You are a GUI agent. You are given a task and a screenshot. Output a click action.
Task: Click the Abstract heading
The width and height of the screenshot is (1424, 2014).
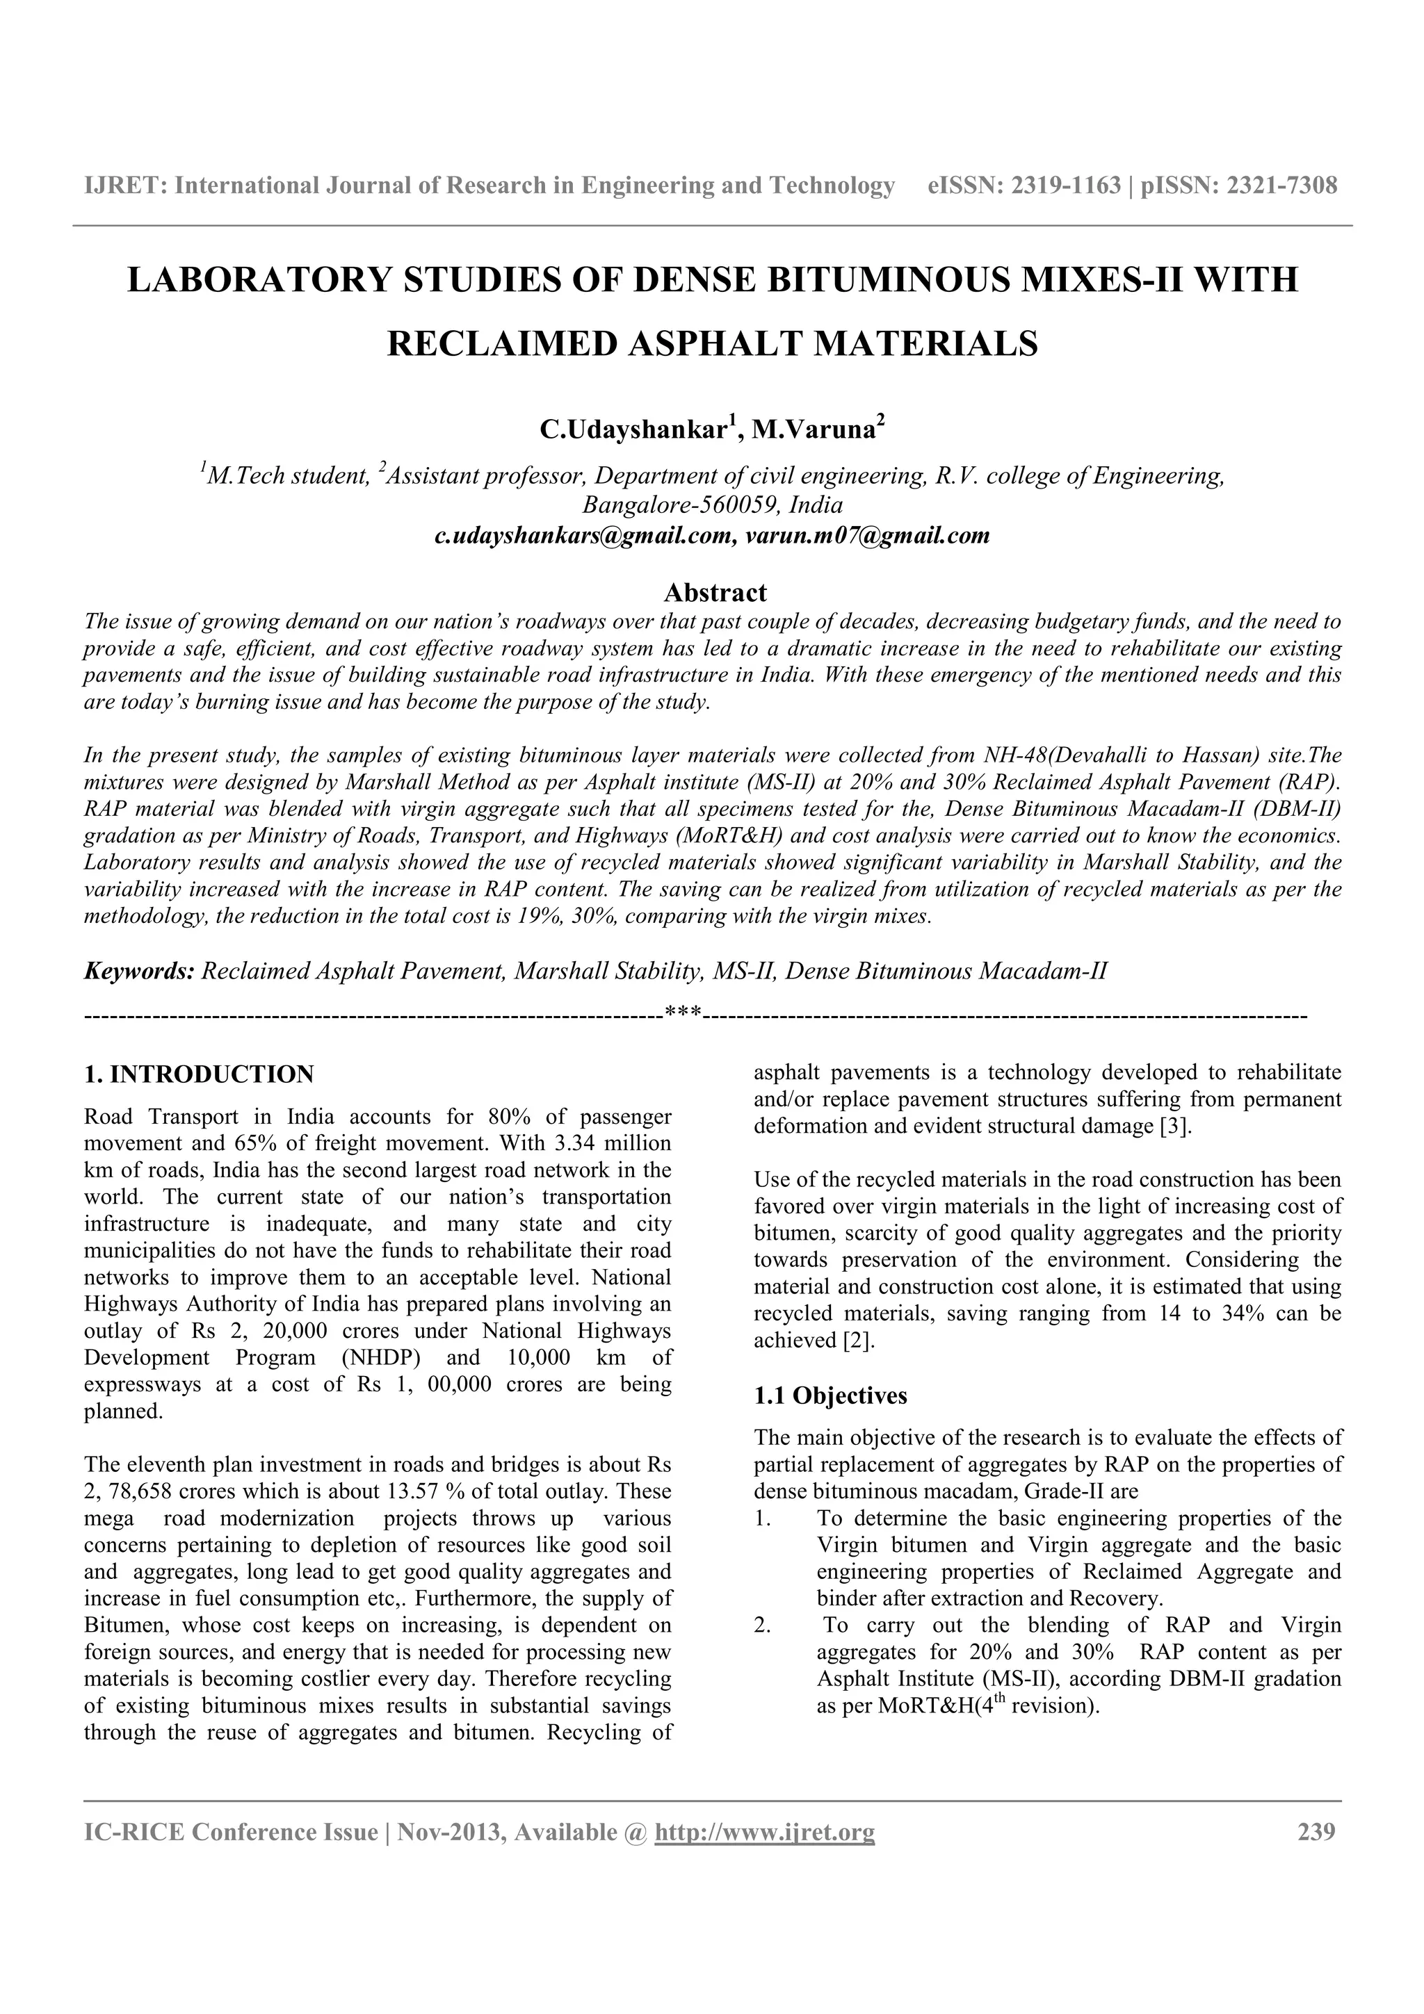[x=715, y=593]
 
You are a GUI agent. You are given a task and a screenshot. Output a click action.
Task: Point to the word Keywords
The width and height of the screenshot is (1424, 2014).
[x=138, y=972]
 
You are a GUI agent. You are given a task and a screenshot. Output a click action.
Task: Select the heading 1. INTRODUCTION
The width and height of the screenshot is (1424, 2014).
[x=199, y=1074]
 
